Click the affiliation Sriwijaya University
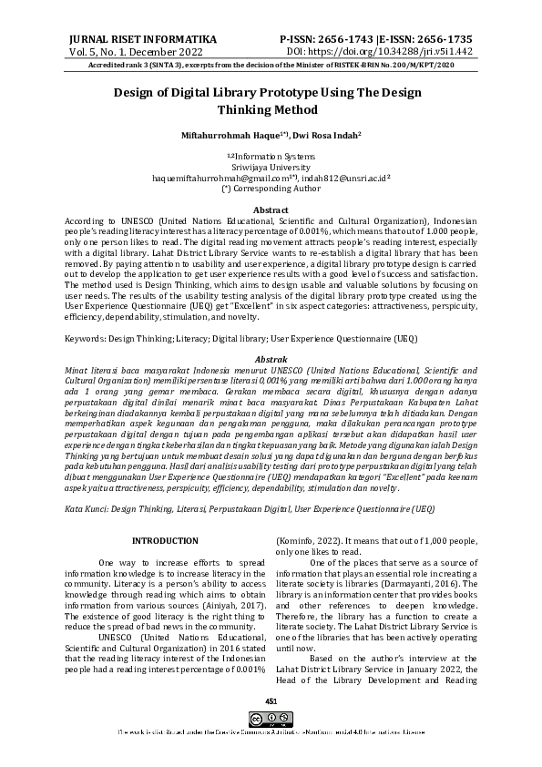tap(271, 169)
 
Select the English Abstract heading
tap(270, 210)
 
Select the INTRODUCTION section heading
tap(165, 541)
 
